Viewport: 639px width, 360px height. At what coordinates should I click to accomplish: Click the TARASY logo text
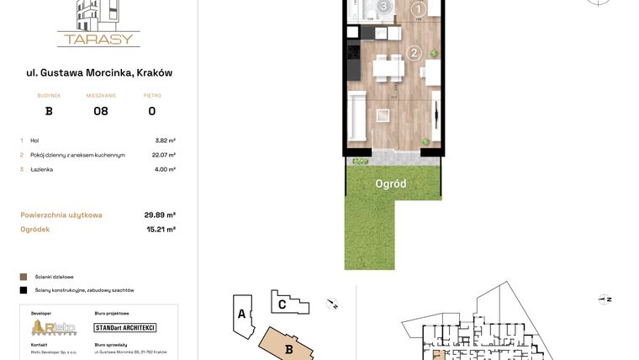[x=98, y=38]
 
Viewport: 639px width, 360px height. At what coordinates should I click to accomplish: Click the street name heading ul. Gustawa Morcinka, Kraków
[x=99, y=72]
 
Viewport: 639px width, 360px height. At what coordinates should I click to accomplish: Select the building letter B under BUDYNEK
[x=49, y=111]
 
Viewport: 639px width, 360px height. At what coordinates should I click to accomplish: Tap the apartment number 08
[x=101, y=111]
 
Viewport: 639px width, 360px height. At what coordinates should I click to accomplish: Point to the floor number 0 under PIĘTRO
[x=151, y=111]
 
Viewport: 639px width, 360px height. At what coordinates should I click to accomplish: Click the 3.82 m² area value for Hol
[x=165, y=140]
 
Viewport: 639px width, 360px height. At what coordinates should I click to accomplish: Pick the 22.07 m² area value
[x=163, y=155]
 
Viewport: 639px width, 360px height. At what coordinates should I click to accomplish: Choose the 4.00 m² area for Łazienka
[x=165, y=169]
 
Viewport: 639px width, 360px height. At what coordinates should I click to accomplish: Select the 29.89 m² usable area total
[x=159, y=214]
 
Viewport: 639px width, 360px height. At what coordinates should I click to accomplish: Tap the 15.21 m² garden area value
[x=160, y=229]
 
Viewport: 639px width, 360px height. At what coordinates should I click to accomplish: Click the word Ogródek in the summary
[x=35, y=229]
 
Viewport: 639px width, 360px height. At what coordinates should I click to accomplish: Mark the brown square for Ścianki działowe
[x=24, y=276]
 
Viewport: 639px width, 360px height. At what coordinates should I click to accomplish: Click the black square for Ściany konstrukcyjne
[x=24, y=290]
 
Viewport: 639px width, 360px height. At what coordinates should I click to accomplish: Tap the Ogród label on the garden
[x=391, y=183]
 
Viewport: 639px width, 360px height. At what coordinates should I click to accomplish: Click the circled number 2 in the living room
[x=414, y=53]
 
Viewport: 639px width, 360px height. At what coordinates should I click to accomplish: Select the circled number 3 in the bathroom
[x=384, y=7]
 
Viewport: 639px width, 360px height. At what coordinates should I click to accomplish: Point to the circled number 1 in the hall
[x=419, y=8]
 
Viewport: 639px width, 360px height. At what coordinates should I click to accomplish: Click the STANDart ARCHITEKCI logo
[x=124, y=327]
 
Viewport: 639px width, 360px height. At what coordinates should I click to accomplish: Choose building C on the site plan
[x=283, y=304]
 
